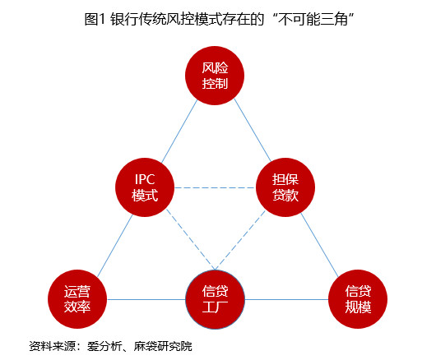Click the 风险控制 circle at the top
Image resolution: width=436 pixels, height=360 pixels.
[215, 76]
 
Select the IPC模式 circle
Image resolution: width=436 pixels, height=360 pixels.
[145, 187]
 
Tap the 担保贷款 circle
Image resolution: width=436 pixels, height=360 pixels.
[285, 187]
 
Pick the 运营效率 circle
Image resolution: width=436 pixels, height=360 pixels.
[77, 299]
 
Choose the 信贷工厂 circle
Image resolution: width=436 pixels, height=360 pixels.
[215, 299]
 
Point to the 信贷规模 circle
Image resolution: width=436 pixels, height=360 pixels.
[358, 299]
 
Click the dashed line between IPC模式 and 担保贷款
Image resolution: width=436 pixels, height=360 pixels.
[216, 187]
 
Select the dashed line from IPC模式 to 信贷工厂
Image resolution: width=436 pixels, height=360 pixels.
[191, 239]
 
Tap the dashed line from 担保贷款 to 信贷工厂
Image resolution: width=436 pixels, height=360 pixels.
[240, 240]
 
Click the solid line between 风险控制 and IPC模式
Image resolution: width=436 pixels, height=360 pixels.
[179, 132]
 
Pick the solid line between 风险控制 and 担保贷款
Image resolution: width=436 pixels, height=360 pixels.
[253, 130]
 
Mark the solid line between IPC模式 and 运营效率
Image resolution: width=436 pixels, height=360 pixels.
[115, 246]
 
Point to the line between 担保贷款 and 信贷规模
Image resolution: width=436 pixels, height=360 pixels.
[319, 245]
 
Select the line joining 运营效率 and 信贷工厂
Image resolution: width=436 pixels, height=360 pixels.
[146, 299]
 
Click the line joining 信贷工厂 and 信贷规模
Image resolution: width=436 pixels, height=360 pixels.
[286, 299]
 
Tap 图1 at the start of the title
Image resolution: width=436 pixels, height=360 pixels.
[95, 19]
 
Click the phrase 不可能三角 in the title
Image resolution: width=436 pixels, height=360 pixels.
[313, 19]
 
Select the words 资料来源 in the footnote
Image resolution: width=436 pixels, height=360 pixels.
[53, 346]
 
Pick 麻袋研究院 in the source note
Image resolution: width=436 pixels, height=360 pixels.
[163, 346]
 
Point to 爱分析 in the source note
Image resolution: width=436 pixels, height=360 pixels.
[104, 346]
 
